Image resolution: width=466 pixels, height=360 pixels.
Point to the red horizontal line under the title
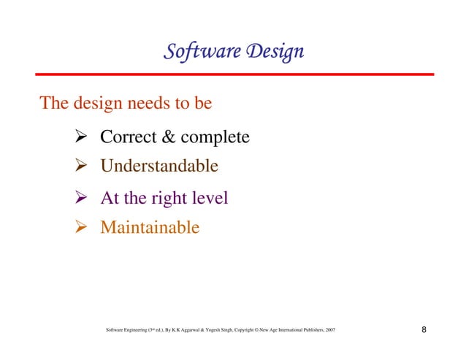[x=233, y=74]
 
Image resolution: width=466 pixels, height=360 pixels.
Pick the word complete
[x=215, y=137]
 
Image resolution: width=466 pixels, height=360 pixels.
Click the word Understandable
[x=158, y=166]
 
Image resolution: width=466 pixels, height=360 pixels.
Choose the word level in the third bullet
[x=209, y=198]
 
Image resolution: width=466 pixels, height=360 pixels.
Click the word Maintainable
[x=149, y=228]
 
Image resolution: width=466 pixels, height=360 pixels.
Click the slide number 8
[x=424, y=331]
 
